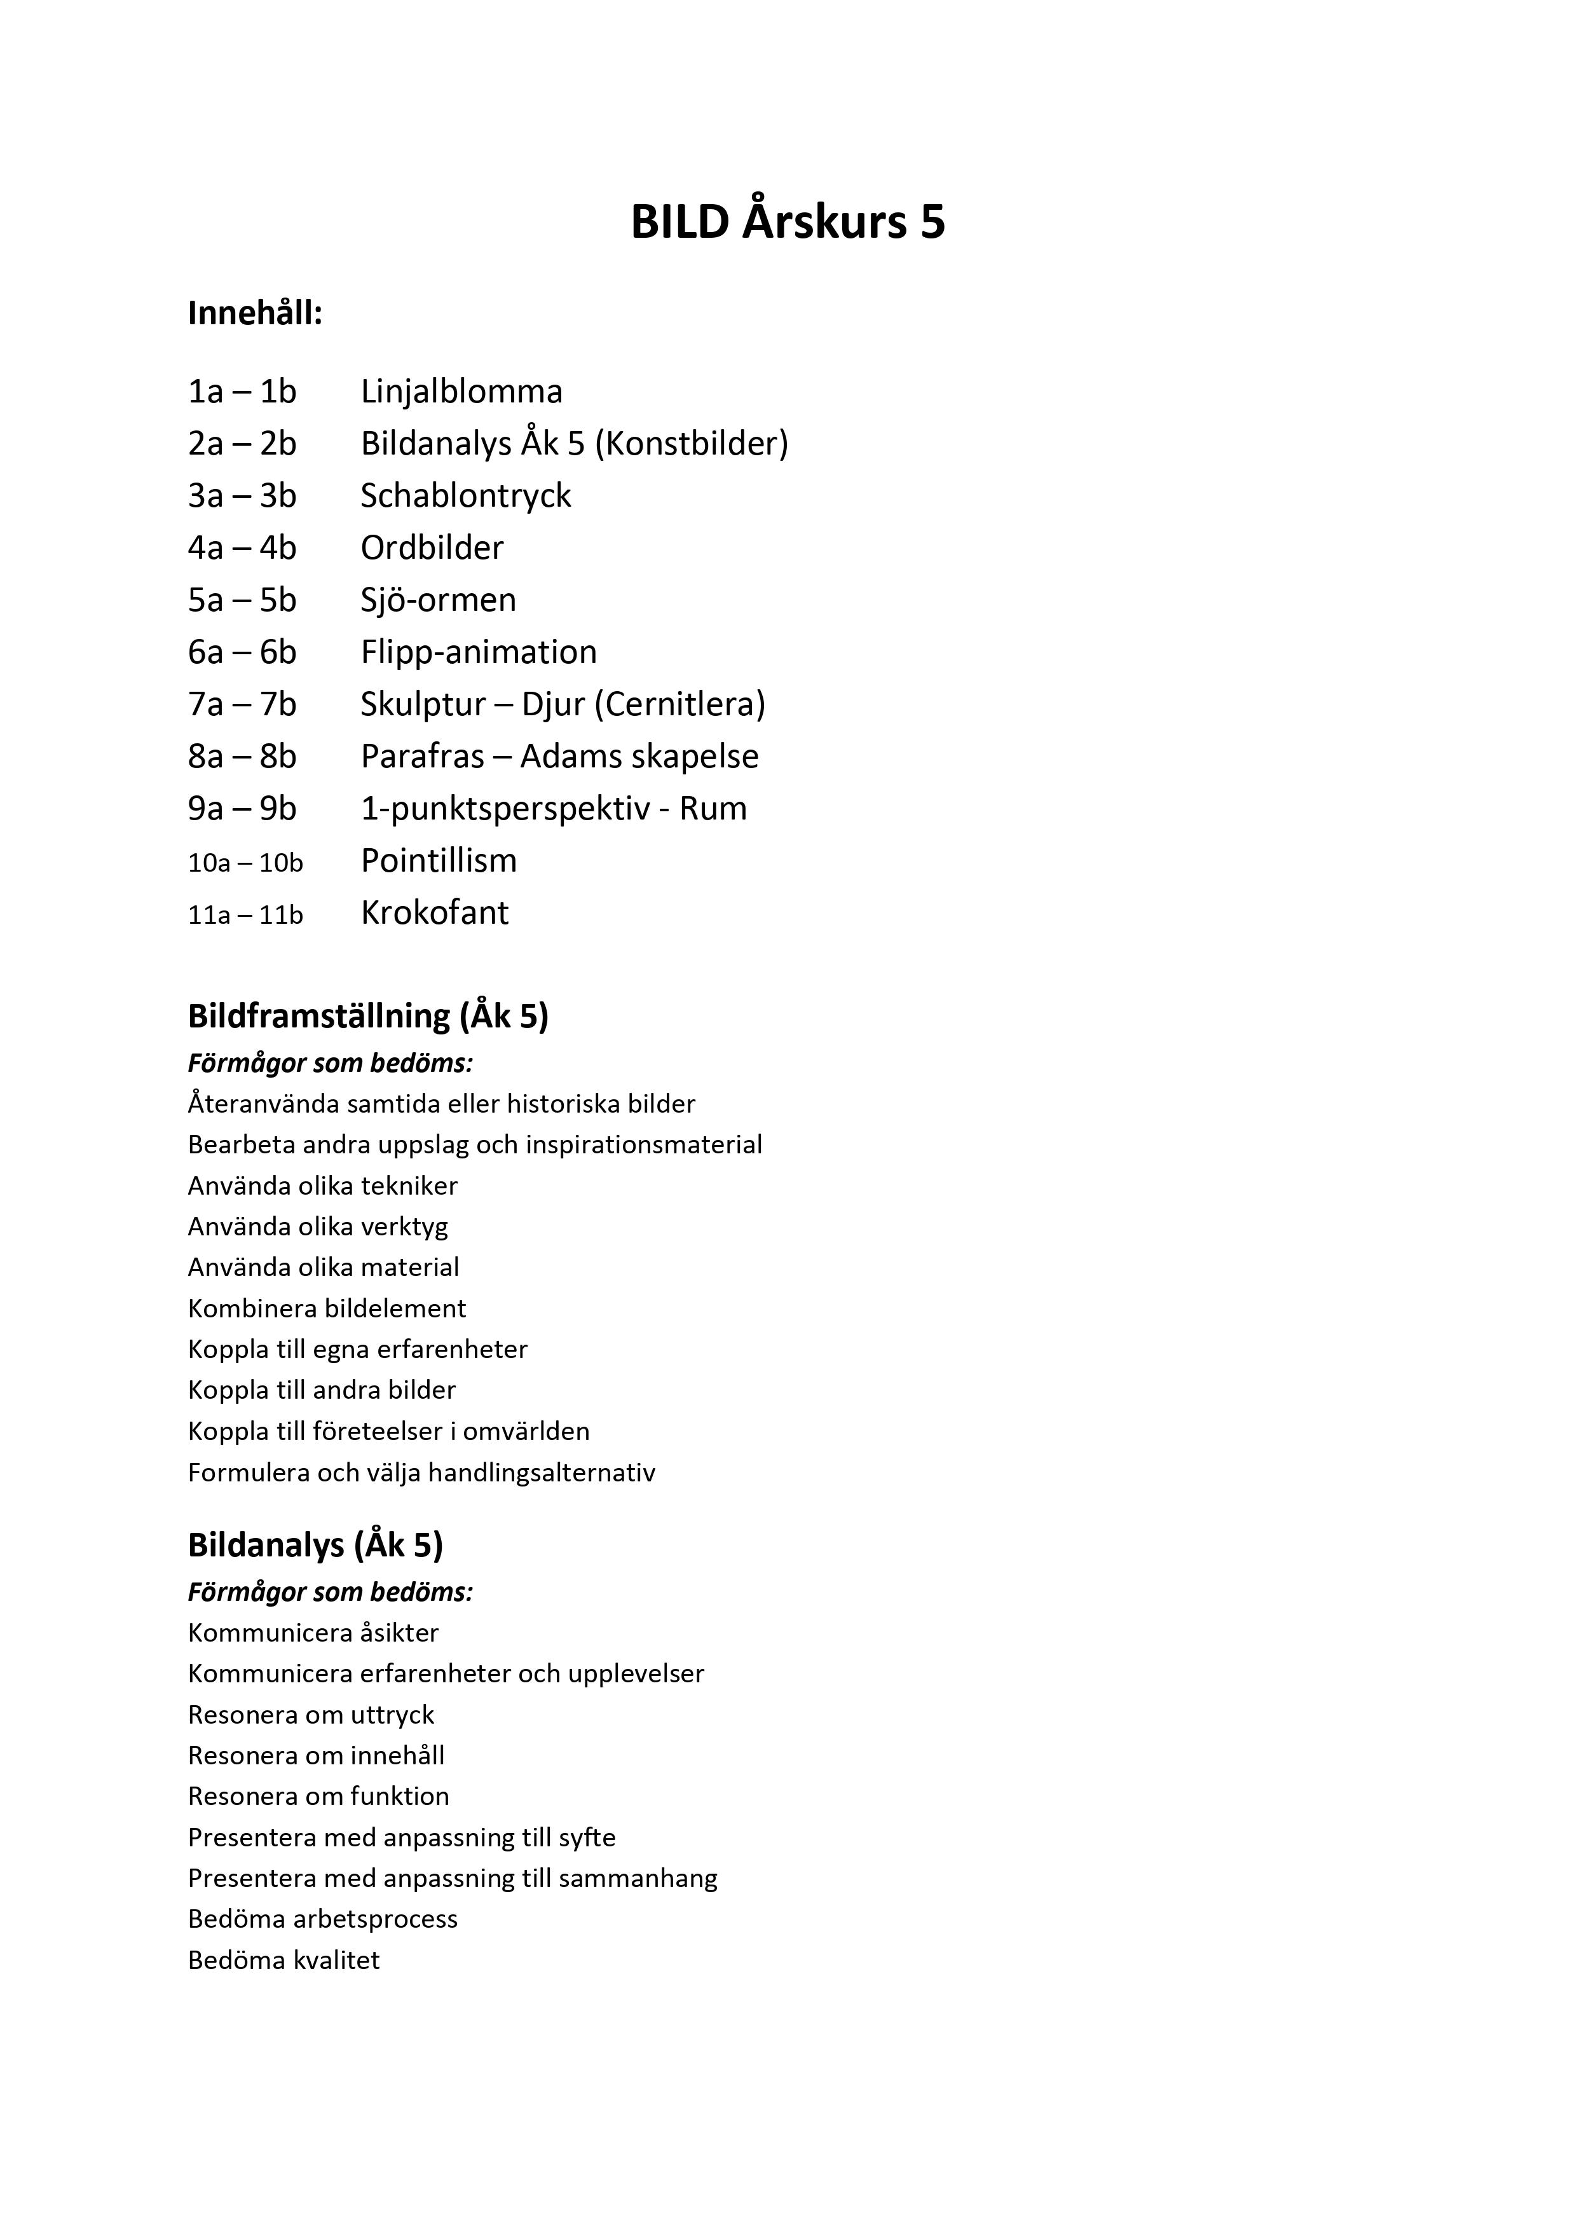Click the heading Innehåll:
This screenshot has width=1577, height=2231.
[x=255, y=314]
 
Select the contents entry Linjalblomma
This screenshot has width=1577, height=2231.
[x=461, y=392]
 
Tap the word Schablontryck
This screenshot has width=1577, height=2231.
[x=465, y=495]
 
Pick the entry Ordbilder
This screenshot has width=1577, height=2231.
[x=432, y=548]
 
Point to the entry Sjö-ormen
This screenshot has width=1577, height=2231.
[x=438, y=600]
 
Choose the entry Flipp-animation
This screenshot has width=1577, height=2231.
[x=478, y=652]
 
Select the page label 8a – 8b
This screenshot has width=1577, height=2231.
[x=242, y=756]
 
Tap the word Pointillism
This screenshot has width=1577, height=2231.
[x=438, y=860]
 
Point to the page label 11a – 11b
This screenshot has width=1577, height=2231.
[x=245, y=914]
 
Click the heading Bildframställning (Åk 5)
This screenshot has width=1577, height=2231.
[x=368, y=1017]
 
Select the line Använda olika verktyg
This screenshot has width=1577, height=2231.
[x=318, y=1226]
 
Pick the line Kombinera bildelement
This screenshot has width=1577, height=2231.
[x=327, y=1308]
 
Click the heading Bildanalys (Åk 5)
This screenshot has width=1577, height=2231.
[x=315, y=1545]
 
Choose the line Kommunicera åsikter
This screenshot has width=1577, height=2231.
[x=313, y=1633]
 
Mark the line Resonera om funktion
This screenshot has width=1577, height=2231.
[x=318, y=1795]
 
